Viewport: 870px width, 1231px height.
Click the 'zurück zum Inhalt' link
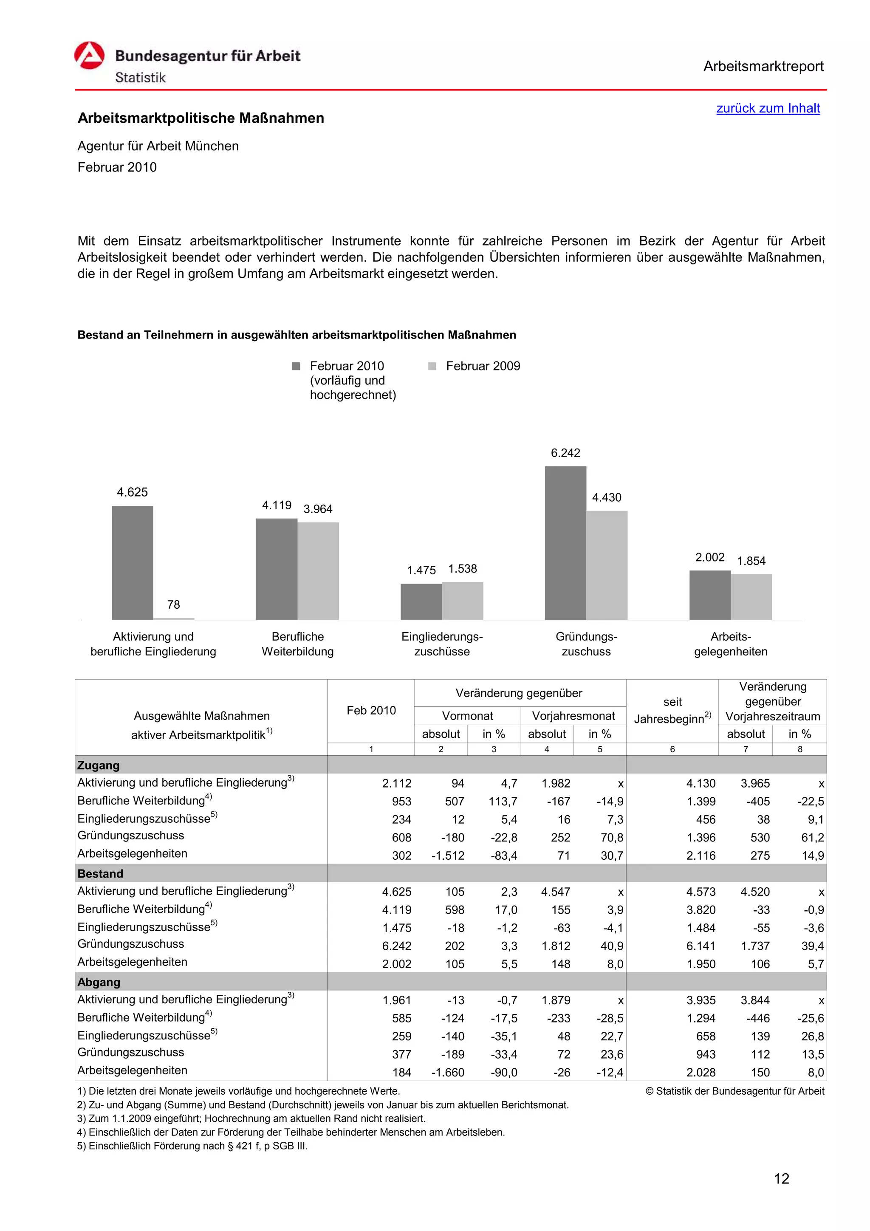point(768,108)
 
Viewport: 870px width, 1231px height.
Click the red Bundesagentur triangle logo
point(89,56)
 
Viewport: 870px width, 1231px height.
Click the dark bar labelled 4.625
point(133,562)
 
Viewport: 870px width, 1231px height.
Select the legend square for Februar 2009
point(432,366)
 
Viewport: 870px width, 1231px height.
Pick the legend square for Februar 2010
point(296,366)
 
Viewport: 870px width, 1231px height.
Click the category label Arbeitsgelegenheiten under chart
point(730,644)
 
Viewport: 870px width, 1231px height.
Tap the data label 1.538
point(462,569)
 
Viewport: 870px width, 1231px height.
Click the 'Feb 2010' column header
point(371,710)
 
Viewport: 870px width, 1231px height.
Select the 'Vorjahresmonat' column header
point(573,716)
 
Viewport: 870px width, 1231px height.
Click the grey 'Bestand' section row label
point(100,874)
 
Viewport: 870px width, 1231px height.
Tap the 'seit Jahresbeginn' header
point(672,710)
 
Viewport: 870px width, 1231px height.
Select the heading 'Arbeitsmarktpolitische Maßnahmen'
point(201,118)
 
